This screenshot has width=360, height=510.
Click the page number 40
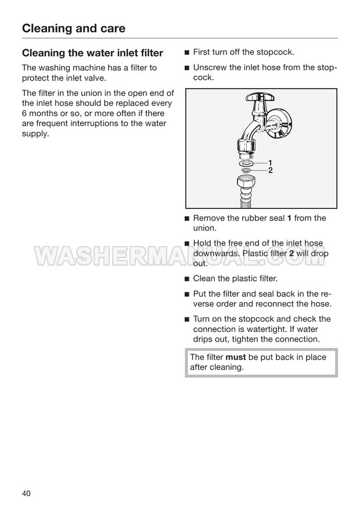(26, 493)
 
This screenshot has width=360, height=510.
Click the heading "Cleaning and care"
(74, 28)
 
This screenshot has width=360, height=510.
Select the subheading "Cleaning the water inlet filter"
(92, 53)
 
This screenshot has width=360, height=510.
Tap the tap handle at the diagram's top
(260, 96)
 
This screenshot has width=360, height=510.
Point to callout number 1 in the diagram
(270, 163)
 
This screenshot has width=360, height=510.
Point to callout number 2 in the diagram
(270, 171)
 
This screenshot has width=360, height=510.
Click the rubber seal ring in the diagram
(246, 163)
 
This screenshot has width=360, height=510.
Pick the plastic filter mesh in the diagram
(246, 170)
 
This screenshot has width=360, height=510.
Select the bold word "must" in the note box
(235, 357)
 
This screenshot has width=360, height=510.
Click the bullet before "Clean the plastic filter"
(187, 279)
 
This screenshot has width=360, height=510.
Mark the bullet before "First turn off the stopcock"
(187, 53)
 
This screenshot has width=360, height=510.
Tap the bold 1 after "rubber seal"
(289, 218)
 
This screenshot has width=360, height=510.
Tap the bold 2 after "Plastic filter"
(291, 254)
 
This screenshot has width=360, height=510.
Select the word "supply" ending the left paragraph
(34, 134)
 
